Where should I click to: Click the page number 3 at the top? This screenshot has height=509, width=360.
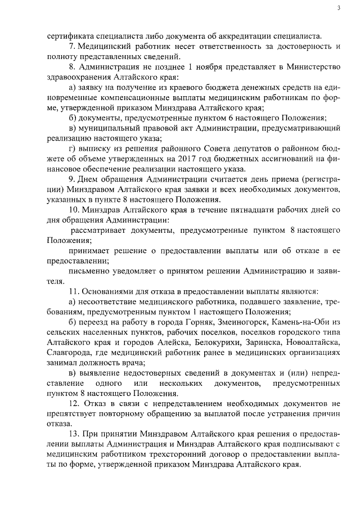(339, 8)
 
